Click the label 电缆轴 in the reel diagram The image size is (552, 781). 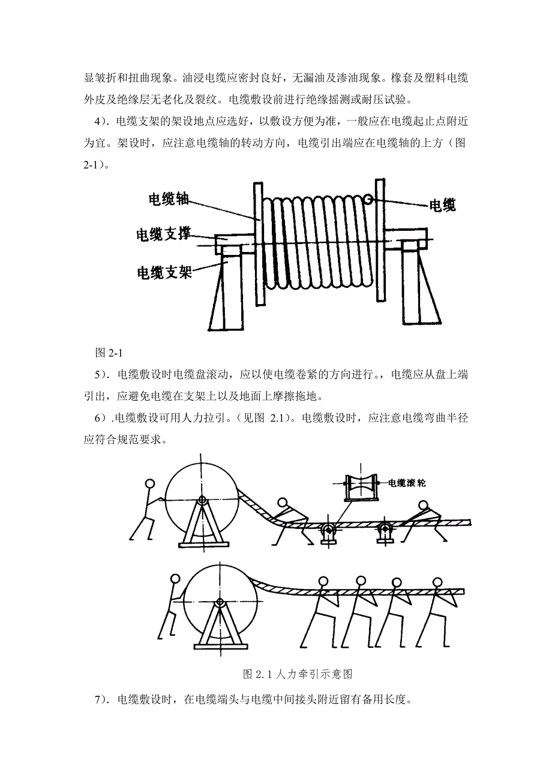pos(169,199)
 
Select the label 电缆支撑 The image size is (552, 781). pos(164,235)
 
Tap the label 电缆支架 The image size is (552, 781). pos(164,272)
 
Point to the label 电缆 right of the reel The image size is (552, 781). pos(442,206)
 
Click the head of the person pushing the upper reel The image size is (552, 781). pos(150,483)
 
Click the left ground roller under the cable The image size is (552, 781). pos(328,530)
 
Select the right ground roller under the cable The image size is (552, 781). pos(385,530)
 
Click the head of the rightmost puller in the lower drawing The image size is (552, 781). pos(433,581)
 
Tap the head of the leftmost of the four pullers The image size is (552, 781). pos(323,581)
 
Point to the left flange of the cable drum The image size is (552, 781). pos(257,243)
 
